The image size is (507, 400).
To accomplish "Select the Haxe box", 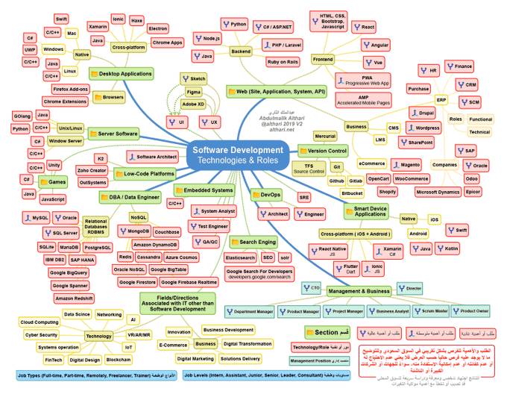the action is [136, 21].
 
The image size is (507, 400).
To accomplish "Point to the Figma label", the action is [194, 91].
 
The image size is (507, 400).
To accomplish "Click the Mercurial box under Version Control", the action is [325, 136].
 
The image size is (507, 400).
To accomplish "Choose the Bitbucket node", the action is [352, 193].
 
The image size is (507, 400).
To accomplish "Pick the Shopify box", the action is [387, 192].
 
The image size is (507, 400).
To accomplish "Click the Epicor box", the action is [473, 192].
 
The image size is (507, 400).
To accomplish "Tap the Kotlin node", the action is [451, 248].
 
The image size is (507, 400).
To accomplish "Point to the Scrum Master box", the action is [430, 310].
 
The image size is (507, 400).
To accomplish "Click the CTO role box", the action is [312, 287].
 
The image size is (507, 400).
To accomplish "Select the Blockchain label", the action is [119, 359].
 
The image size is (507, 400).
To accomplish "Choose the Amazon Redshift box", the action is [74, 298].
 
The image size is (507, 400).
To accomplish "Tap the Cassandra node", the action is [148, 257].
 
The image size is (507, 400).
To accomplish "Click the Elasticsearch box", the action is [240, 257].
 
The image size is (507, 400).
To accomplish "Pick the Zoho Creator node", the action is [92, 170].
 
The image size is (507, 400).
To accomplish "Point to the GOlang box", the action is [22, 116].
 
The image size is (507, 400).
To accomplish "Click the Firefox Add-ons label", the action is [66, 89].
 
